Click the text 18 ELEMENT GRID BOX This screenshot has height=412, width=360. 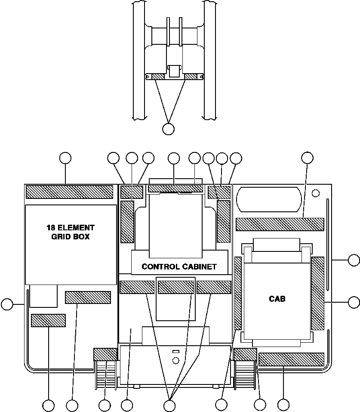(x=71, y=232)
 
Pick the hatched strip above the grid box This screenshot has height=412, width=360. (x=69, y=192)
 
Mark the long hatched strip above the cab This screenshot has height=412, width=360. (x=280, y=224)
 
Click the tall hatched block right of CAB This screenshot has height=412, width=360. (x=317, y=294)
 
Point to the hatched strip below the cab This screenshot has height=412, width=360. (x=291, y=359)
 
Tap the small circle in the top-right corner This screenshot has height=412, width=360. (x=316, y=192)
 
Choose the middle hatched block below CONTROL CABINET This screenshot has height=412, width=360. (x=175, y=287)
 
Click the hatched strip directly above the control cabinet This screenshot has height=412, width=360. (x=175, y=189)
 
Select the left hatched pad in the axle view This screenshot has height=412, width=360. (x=158, y=77)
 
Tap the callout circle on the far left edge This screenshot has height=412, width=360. (x=7, y=304)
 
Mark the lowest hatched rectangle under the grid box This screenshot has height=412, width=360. (x=48, y=320)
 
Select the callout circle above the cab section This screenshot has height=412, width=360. (x=307, y=158)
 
